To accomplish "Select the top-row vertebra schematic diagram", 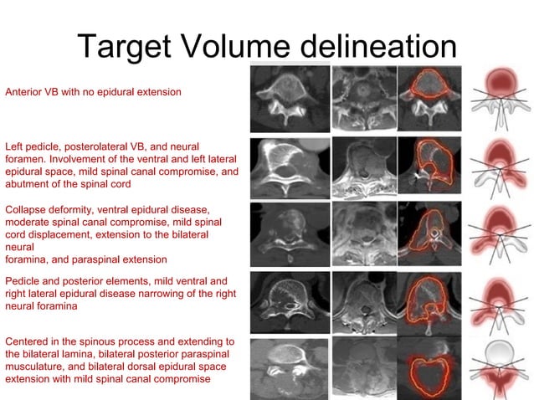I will [x=502, y=99].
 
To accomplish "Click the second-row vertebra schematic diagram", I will [x=502, y=168].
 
